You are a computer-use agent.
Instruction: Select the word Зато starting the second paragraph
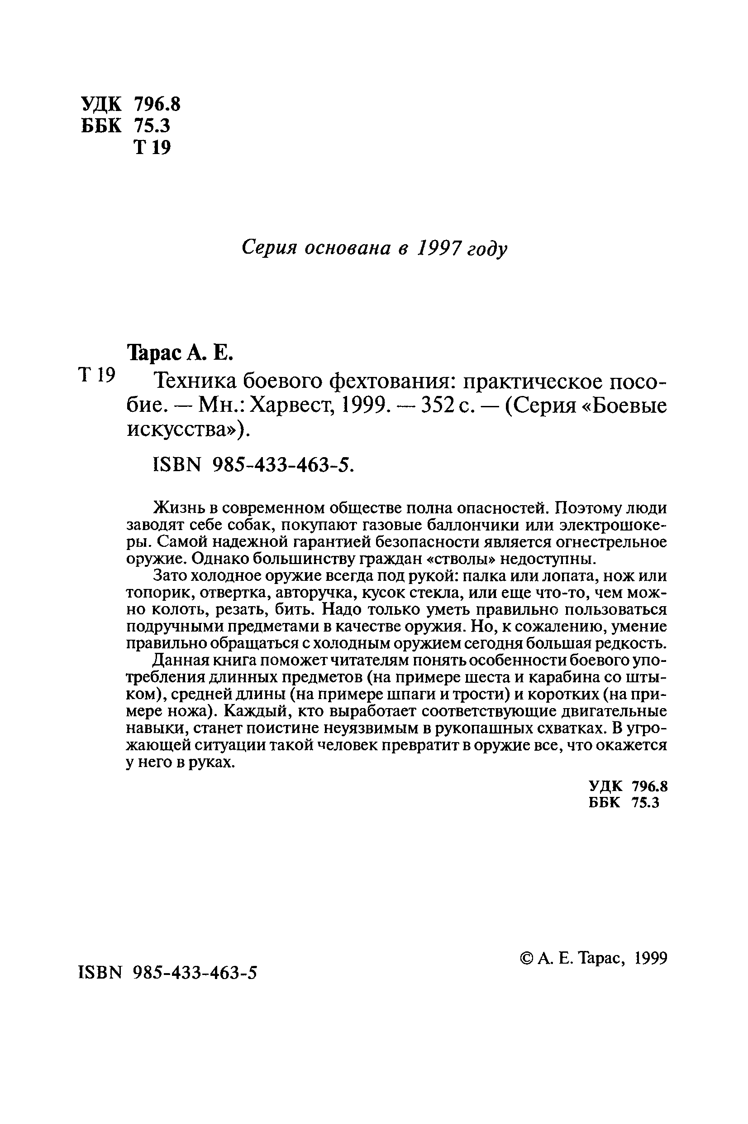[x=169, y=576]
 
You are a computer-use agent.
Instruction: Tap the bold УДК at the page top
[x=102, y=104]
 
